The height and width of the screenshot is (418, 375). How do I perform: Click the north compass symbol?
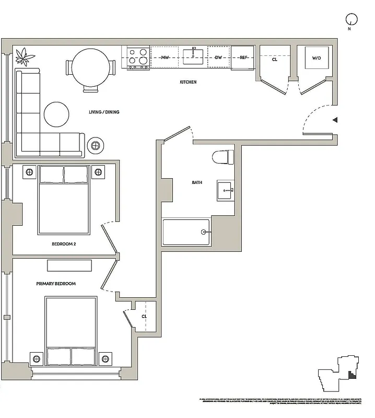tap(351, 19)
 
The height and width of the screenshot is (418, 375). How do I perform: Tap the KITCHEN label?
tap(188, 82)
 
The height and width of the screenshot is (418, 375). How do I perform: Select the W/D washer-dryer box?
tap(317, 58)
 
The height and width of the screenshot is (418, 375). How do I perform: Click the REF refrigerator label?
tap(243, 57)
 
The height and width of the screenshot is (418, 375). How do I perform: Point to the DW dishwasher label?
tap(218, 57)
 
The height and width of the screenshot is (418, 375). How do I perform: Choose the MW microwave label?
tap(165, 57)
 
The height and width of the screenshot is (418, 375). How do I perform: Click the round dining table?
tap(91, 68)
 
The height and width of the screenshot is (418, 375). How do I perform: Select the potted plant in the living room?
tap(24, 55)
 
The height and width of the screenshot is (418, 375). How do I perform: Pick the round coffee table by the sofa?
tap(56, 114)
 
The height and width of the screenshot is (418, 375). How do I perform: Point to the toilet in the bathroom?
tap(224, 157)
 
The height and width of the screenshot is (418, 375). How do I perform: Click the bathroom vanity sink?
tap(227, 191)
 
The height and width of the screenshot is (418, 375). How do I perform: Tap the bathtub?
tap(186, 232)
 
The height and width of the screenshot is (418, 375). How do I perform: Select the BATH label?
tap(197, 183)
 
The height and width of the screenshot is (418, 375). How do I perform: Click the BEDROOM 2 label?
tap(64, 244)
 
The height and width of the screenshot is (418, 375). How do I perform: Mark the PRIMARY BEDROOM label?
tap(56, 284)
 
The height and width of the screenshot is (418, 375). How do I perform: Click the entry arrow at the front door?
tap(335, 120)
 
